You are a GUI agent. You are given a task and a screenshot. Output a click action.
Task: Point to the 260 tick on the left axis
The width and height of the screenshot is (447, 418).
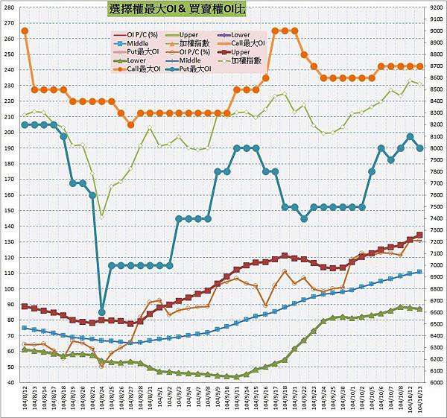tap(9, 22)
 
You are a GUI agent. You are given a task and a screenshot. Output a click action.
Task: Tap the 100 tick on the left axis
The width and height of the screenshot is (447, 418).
tap(9, 273)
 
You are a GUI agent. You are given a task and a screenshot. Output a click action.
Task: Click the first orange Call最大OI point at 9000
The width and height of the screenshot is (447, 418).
tap(25, 31)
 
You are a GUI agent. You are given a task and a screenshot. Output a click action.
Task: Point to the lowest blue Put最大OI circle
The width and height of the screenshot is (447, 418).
tap(101, 312)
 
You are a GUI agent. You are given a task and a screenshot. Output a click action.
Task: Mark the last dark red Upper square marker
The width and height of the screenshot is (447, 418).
tap(419, 235)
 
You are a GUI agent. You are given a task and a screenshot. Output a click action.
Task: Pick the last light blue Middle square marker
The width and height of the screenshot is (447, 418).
tap(419, 272)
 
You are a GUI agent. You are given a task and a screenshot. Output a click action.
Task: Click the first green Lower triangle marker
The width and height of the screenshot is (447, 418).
tap(25, 349)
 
